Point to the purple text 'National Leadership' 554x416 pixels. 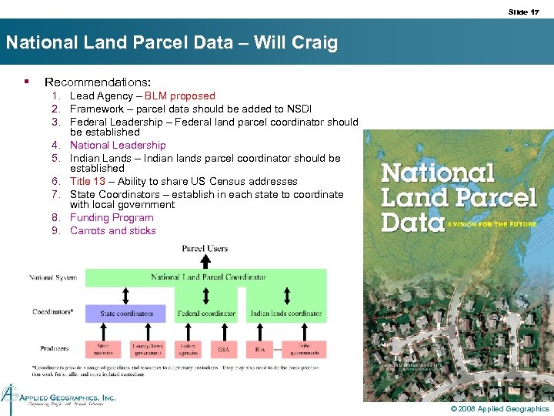[118, 145]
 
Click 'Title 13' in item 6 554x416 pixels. [88, 182]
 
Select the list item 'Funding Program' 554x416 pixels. [112, 218]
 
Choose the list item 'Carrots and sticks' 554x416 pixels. [113, 230]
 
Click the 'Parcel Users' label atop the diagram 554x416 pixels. [205, 249]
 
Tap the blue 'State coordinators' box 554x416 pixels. [126, 314]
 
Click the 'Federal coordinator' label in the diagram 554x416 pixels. [206, 314]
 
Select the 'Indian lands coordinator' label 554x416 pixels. [285, 314]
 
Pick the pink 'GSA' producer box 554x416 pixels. [224, 350]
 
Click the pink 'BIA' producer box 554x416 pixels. [259, 350]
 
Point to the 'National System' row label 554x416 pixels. [53, 277]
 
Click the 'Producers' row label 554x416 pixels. [55, 349]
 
